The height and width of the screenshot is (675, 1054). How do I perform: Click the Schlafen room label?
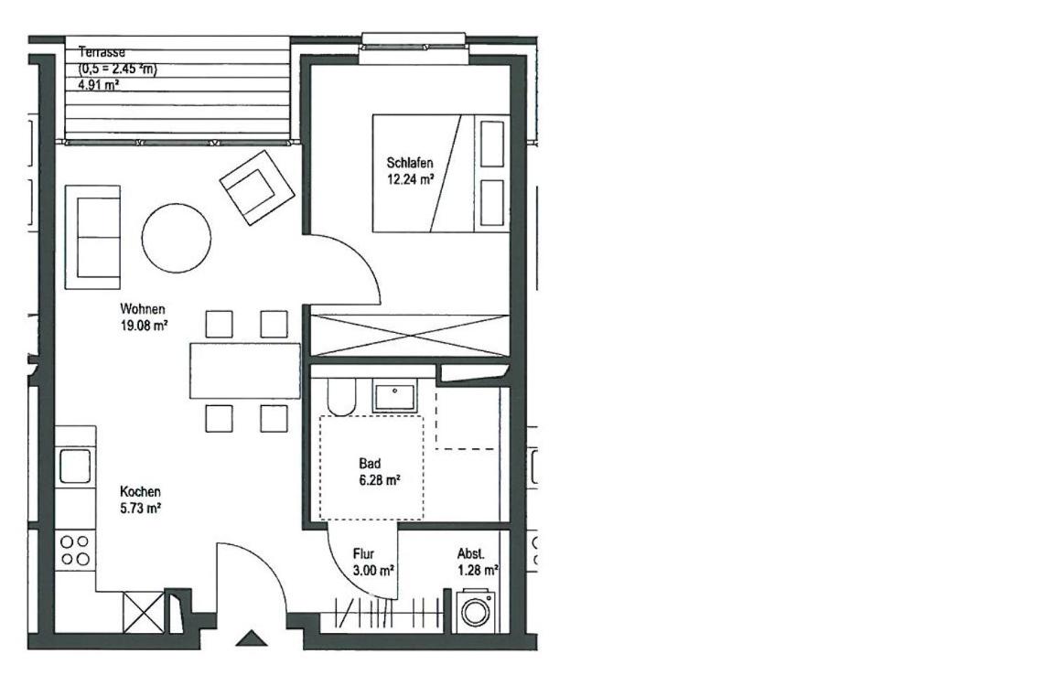(409, 163)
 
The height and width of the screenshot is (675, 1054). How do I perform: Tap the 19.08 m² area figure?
(143, 327)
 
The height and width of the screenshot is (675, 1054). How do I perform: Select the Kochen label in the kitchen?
(140, 491)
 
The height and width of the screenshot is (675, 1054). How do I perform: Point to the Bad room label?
(370, 463)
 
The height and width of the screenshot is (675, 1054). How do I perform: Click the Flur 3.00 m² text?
(373, 562)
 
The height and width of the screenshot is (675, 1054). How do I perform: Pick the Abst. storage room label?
(470, 554)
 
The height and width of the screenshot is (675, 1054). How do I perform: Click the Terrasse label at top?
(102, 52)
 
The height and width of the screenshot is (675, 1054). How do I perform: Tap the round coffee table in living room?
(176, 238)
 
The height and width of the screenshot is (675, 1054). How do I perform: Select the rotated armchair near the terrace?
(257, 187)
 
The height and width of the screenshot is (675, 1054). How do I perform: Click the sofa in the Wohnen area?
(92, 237)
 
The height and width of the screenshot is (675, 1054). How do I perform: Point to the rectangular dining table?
(244, 370)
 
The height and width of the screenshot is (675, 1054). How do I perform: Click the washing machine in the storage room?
(476, 611)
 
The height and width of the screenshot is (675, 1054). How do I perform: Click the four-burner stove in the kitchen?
(75, 550)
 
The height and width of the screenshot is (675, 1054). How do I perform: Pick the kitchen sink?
(75, 466)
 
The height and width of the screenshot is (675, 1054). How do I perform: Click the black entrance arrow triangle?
(252, 638)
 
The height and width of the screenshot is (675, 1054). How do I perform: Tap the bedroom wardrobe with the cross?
(410, 335)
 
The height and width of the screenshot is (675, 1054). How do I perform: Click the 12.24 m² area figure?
(409, 179)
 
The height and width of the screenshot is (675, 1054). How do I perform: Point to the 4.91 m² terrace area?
(99, 85)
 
